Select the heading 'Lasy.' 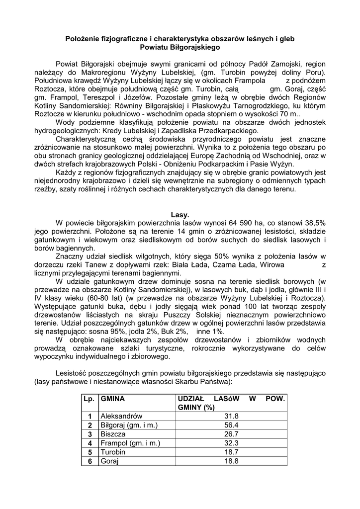pyautogui.click(x=180, y=215)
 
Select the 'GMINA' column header pyautogui.click(x=112, y=399)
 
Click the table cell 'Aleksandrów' pyautogui.click(x=121, y=416)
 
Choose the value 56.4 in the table pyautogui.click(x=232, y=425)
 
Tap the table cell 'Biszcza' pyautogui.click(x=113, y=434)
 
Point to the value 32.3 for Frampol pyautogui.click(x=232, y=443)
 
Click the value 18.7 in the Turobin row pyautogui.click(x=232, y=452)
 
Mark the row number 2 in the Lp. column pyautogui.click(x=90, y=425)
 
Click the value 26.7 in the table pyautogui.click(x=232, y=434)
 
